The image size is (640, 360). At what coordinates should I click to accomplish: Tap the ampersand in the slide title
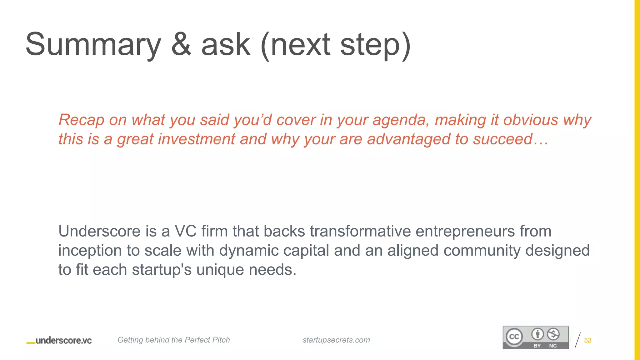pyautogui.click(x=181, y=44)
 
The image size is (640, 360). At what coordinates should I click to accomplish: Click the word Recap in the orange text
pyautogui.click(x=81, y=120)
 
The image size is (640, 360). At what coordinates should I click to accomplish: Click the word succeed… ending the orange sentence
pyautogui.click(x=511, y=139)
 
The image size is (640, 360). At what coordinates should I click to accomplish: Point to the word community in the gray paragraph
pyautogui.click(x=482, y=251)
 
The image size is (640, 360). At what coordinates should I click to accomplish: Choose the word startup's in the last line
pyautogui.click(x=162, y=270)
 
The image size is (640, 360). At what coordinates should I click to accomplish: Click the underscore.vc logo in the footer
pyautogui.click(x=63, y=341)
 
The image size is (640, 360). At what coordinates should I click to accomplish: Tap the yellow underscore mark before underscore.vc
pyautogui.click(x=31, y=343)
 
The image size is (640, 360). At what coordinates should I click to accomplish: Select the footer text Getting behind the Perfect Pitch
pyautogui.click(x=173, y=340)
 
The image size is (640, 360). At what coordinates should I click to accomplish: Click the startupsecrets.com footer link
pyautogui.click(x=336, y=340)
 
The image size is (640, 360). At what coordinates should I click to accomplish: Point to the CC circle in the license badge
pyautogui.click(x=514, y=337)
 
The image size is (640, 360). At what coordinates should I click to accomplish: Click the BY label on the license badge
pyautogui.click(x=537, y=346)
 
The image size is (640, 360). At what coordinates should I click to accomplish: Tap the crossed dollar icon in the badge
pyautogui.click(x=553, y=334)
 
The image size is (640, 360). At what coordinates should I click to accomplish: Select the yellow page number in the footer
pyautogui.click(x=587, y=340)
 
